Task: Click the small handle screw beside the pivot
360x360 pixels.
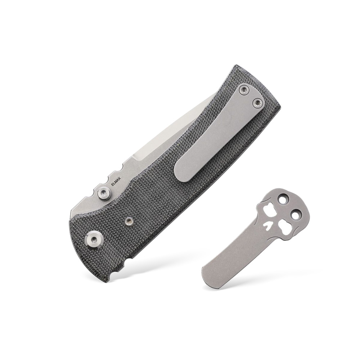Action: click(x=129, y=221)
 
